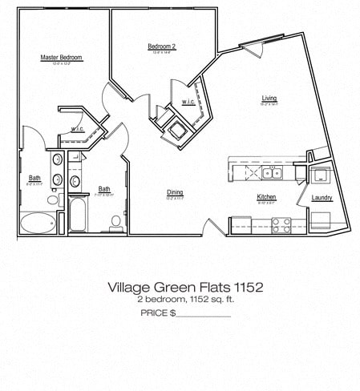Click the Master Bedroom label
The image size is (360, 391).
62,58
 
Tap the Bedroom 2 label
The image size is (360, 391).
161,47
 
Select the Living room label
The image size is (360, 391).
269,99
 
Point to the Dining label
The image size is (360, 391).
175,191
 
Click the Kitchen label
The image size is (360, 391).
266,197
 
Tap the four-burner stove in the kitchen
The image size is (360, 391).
281,225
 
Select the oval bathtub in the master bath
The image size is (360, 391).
38,222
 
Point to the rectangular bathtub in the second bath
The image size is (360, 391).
78,215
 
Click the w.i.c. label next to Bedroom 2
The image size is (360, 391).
188,102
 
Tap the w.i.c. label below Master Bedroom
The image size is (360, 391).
78,129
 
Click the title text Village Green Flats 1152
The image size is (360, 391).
185,286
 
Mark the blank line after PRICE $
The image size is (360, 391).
203,313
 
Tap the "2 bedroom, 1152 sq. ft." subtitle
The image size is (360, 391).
185,299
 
